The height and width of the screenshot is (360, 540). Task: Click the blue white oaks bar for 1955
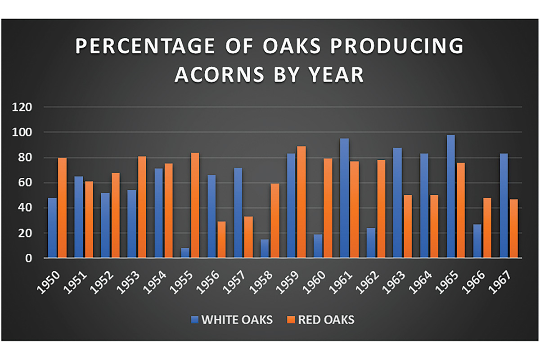(x=185, y=253)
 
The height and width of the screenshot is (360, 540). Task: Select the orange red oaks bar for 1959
(x=301, y=202)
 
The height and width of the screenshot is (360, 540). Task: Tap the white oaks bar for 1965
(x=451, y=196)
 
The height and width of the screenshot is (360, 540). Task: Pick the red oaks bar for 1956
(x=221, y=240)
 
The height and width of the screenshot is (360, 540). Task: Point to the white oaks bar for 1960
(x=318, y=246)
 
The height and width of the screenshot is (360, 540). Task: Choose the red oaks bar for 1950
(x=63, y=208)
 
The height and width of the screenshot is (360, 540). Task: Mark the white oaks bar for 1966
(x=477, y=241)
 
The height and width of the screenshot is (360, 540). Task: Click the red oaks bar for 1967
(x=514, y=229)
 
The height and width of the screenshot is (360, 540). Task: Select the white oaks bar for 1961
(x=345, y=198)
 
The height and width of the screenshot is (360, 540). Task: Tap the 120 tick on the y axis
(x=22, y=108)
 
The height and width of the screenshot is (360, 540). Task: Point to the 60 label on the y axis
(x=26, y=183)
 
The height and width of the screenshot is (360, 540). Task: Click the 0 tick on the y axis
(x=28, y=258)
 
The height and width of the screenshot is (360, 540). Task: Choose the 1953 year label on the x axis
(x=129, y=283)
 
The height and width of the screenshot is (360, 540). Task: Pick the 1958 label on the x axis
(x=262, y=283)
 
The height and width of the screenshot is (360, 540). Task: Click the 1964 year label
(x=421, y=283)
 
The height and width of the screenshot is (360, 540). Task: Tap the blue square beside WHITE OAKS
(x=194, y=320)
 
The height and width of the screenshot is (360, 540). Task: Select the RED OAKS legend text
(x=326, y=320)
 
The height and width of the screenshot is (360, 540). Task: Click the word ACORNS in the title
(x=220, y=75)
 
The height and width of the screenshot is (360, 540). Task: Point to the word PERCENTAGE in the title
(x=145, y=45)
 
